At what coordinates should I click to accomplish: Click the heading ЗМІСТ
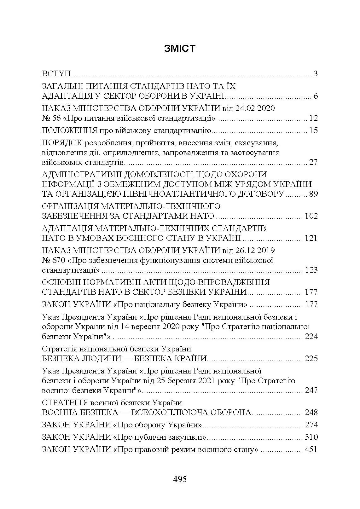point(180,49)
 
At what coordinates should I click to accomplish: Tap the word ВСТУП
point(56,74)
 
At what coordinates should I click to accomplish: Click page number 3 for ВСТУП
point(316,74)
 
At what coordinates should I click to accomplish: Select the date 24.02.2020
point(255,108)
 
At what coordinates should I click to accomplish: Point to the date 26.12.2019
point(255,251)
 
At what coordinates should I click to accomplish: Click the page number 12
point(314,118)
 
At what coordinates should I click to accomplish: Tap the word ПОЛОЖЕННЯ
point(69,130)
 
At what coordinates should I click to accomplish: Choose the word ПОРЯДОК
point(62,143)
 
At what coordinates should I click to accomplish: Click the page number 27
point(314,162)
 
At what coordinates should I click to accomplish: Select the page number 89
point(314,194)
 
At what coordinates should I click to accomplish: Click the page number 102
point(311,216)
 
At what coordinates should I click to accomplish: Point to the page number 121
point(311,238)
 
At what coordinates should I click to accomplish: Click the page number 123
point(311,270)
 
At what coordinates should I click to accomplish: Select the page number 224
point(311,337)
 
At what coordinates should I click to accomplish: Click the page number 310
point(311,437)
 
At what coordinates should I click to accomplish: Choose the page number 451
point(311,449)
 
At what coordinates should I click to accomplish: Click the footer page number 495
point(180,479)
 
